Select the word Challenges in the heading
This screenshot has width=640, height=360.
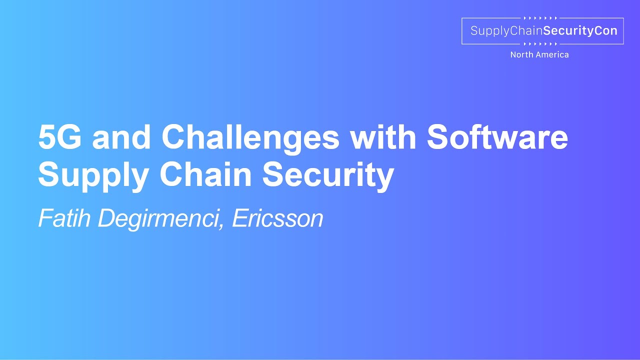(250, 138)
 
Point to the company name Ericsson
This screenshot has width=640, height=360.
(278, 218)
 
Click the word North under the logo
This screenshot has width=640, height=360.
(521, 55)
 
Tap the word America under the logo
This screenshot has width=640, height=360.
(552, 55)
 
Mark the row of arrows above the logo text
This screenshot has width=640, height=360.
(540, 18)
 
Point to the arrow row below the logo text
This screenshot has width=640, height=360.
(540, 44)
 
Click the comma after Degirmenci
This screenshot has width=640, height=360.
(221, 226)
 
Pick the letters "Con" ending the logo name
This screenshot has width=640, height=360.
(606, 31)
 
